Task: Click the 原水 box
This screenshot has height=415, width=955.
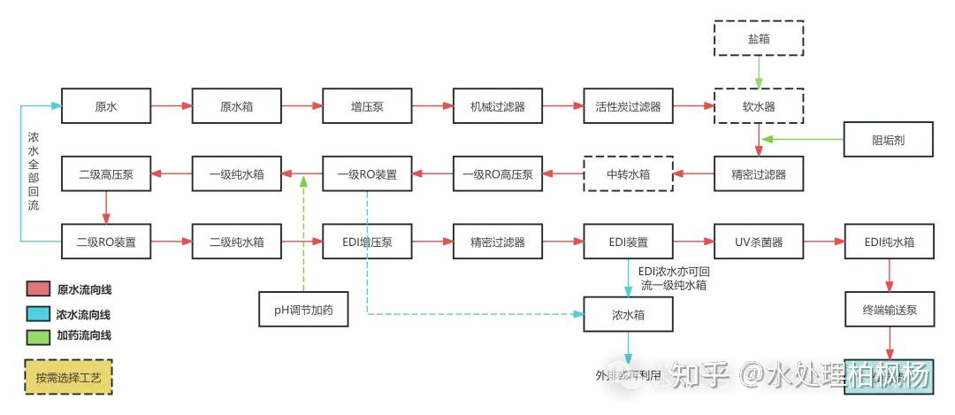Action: click(x=106, y=106)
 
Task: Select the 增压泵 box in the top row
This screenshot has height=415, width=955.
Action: click(x=367, y=106)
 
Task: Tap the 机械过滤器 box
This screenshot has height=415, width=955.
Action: click(x=498, y=106)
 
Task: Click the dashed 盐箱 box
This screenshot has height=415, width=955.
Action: click(x=759, y=38)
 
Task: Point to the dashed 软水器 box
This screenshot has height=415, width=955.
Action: click(x=759, y=106)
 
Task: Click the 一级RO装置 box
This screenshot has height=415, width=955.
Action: click(x=367, y=173)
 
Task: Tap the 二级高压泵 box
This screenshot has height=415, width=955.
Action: click(x=106, y=173)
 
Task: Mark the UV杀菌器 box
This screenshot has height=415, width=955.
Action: click(x=759, y=241)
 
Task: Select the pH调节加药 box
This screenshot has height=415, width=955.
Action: click(x=303, y=309)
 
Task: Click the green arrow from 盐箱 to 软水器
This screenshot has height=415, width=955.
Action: click(x=759, y=72)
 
